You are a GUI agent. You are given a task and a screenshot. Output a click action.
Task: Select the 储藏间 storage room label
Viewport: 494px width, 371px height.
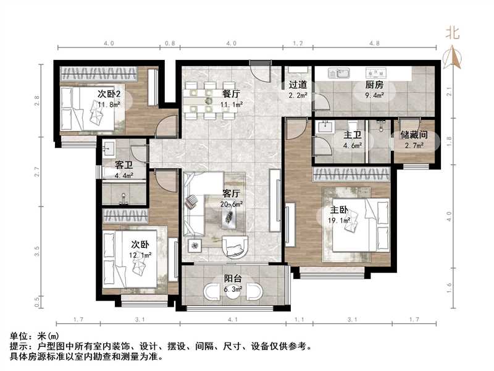click(x=414, y=135)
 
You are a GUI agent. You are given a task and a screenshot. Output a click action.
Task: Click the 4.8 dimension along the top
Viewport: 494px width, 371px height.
click(x=374, y=44)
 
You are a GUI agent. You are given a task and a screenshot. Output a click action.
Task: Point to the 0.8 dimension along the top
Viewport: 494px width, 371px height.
click(x=170, y=44)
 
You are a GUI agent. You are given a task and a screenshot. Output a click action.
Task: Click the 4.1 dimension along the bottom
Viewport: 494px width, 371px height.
click(x=233, y=319)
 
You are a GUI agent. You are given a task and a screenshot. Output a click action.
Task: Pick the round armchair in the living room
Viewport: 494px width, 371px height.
click(x=235, y=247)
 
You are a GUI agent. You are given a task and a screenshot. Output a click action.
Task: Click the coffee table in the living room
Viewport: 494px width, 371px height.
click(x=229, y=214)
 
